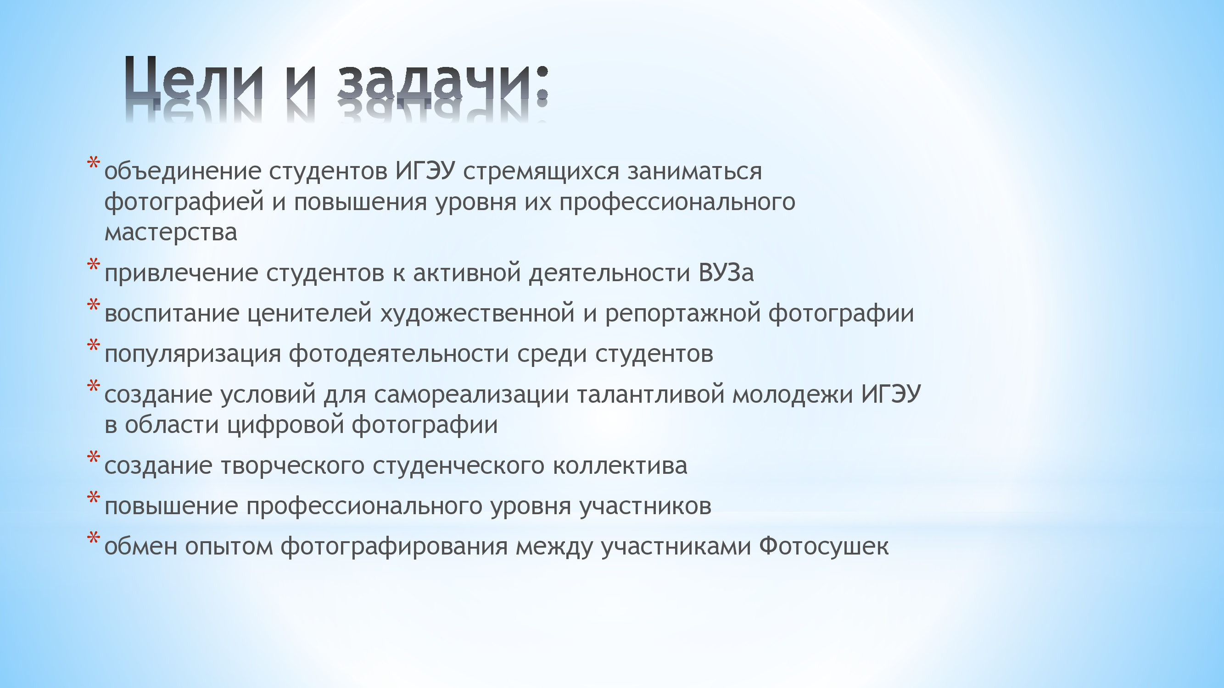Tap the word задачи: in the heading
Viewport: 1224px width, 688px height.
443,81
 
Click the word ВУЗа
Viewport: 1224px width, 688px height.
726,272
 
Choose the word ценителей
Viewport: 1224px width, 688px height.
309,313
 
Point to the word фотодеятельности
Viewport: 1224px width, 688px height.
399,354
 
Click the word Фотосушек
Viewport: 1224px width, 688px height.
823,545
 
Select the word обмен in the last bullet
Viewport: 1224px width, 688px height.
140,545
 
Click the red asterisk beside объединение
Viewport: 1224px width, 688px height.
94,164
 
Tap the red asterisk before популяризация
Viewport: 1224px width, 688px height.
94,346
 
